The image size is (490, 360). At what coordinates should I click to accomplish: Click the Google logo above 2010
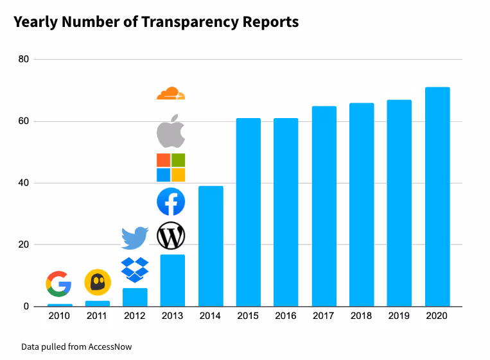(58, 284)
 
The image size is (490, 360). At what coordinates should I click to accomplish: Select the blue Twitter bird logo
(135, 237)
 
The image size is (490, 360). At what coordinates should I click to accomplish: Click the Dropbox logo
(135, 270)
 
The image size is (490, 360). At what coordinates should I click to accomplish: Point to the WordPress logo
(171, 236)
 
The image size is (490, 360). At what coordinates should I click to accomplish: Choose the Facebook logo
(171, 202)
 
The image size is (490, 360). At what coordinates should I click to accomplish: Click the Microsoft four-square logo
(171, 167)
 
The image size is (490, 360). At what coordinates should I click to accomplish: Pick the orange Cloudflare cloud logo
(171, 94)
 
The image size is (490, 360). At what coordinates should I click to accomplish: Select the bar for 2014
(210, 246)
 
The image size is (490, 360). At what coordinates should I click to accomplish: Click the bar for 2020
(437, 197)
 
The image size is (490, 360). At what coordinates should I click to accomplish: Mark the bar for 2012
(135, 297)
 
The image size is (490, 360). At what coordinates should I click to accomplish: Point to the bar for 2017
(324, 206)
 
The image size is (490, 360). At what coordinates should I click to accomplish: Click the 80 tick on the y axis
(24, 60)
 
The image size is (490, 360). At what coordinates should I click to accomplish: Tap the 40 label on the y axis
(24, 184)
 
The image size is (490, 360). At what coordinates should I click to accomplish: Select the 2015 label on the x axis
(248, 316)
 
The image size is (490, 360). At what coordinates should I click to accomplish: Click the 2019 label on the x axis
(399, 316)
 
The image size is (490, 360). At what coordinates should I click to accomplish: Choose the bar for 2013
(172, 280)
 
